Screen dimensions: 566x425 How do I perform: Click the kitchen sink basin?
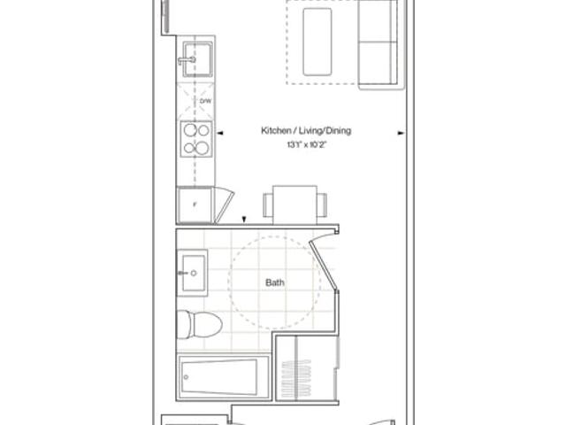tap(197, 59)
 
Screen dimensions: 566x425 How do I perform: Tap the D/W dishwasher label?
tap(205, 102)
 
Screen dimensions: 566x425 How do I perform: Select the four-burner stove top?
tap(196, 139)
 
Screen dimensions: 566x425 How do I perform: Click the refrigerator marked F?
tap(195, 205)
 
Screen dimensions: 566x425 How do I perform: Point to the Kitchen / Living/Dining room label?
tap(306, 130)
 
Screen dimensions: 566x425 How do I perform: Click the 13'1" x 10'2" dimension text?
tap(307, 145)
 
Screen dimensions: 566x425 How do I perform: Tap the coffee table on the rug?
tap(317, 42)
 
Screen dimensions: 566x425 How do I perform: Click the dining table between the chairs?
tap(294, 205)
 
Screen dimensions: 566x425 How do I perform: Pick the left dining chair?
tap(268, 205)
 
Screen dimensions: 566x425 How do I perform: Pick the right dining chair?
tap(322, 205)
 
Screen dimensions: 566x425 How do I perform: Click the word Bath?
tap(275, 282)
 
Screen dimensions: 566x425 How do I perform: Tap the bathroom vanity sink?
tap(193, 273)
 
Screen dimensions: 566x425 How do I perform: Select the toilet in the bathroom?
tap(199, 325)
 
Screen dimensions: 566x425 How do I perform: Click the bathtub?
tap(223, 377)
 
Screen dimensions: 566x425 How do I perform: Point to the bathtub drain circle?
tap(186, 377)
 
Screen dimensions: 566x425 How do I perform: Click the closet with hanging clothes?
tap(307, 368)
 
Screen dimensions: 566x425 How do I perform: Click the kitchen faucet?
tap(187, 60)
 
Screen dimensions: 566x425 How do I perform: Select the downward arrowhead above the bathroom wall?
tap(244, 220)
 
